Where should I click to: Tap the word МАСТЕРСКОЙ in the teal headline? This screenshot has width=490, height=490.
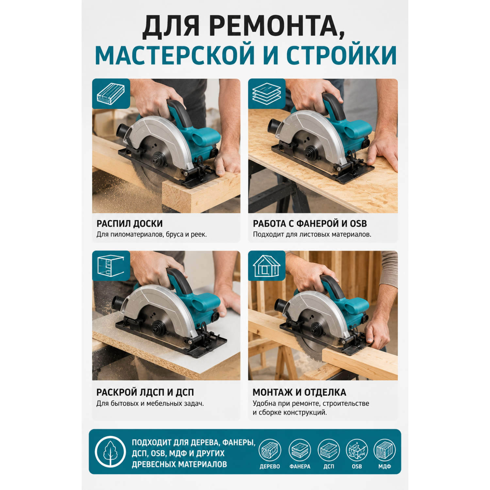pyautogui.click(x=175, y=55)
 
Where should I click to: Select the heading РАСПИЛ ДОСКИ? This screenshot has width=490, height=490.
pyautogui.click(x=129, y=224)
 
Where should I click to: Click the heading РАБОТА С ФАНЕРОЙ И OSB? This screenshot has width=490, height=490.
pyautogui.click(x=310, y=224)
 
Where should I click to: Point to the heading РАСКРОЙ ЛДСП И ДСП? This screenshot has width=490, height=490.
pyautogui.click(x=145, y=392)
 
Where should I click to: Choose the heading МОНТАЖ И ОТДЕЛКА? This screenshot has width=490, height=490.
pyautogui.click(x=299, y=392)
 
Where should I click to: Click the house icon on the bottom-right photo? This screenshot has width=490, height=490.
pyautogui.click(x=267, y=266)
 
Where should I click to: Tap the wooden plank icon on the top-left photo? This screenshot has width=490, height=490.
pyautogui.click(x=111, y=93)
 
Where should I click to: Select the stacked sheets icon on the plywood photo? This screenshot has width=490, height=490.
pyautogui.click(x=267, y=93)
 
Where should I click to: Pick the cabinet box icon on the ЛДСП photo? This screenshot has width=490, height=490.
pyautogui.click(x=111, y=266)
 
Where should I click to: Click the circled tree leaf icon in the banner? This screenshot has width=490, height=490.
pyautogui.click(x=110, y=451)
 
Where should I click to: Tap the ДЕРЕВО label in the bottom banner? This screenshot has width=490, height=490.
pyautogui.click(x=270, y=466)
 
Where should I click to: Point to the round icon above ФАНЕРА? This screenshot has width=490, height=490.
pyautogui.click(x=300, y=450)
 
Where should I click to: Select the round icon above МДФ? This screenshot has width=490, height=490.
pyautogui.click(x=384, y=450)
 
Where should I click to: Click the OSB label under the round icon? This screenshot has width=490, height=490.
pyautogui.click(x=357, y=466)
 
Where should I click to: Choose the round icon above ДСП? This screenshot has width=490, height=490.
pyautogui.click(x=329, y=450)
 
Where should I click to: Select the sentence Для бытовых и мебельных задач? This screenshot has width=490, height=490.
pyautogui.click(x=150, y=403)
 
